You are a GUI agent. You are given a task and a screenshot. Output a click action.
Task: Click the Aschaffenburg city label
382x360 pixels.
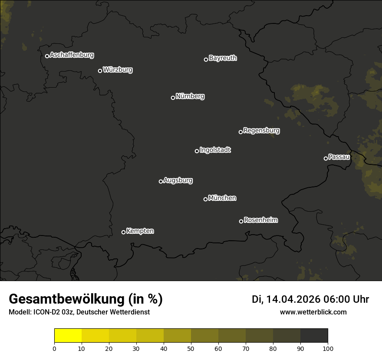72,55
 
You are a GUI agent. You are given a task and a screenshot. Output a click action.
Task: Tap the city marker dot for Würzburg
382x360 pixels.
100,71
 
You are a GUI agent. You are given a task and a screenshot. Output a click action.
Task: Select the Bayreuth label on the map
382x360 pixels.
223,58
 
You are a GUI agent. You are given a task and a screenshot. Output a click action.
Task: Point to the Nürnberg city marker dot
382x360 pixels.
173,98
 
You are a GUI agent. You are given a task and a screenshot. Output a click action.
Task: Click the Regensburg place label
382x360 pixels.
261,131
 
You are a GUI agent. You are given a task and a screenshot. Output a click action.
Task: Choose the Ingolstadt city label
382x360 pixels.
215,150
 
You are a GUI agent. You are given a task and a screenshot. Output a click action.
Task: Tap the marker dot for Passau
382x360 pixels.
326,158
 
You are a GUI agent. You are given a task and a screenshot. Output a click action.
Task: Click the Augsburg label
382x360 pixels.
178,180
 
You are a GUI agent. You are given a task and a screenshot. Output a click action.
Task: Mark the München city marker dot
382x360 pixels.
205,199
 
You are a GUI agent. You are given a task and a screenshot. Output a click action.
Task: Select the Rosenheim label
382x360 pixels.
260,220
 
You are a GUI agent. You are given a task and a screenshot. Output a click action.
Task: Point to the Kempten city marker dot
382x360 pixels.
123,232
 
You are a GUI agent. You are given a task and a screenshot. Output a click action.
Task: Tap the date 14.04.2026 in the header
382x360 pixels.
293,299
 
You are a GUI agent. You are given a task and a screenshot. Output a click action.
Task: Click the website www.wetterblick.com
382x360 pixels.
313,312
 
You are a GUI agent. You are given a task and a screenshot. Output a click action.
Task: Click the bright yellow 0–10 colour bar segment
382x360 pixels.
68,336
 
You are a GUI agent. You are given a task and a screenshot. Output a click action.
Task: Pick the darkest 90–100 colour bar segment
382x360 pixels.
314,336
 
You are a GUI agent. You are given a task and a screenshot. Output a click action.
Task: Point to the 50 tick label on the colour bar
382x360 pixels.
191,348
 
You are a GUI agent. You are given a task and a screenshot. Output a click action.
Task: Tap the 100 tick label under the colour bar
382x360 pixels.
328,348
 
